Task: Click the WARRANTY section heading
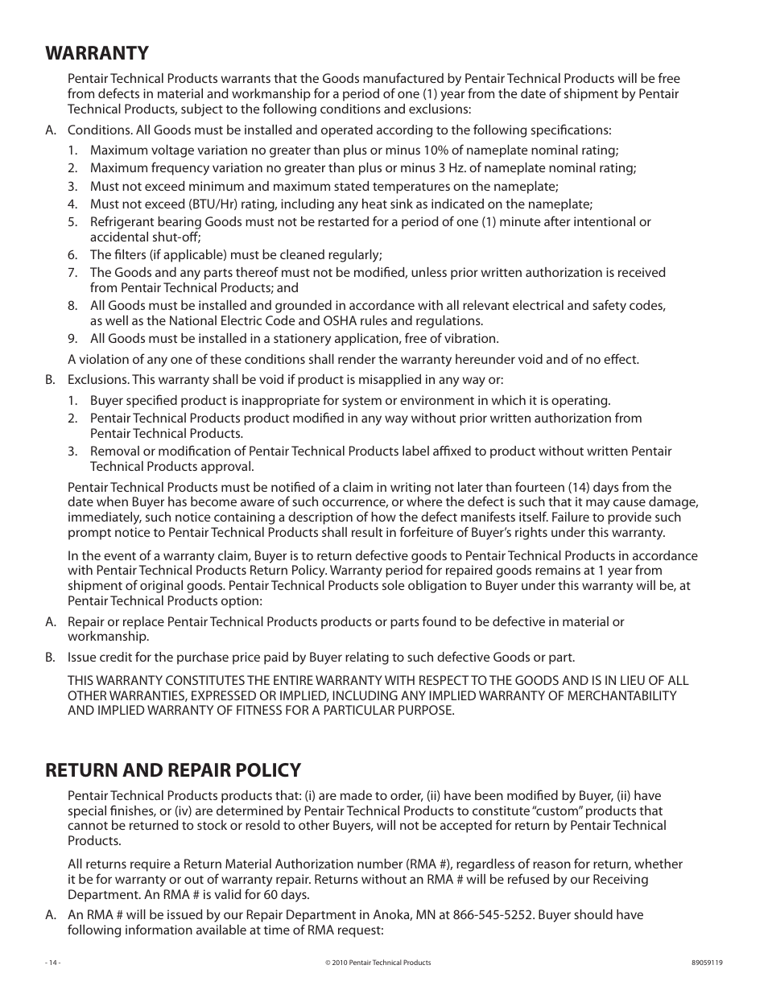(x=97, y=53)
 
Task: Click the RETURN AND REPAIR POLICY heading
(x=173, y=770)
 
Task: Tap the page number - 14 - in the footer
(x=53, y=963)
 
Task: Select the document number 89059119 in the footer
(x=707, y=963)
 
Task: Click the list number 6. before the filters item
(x=72, y=255)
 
